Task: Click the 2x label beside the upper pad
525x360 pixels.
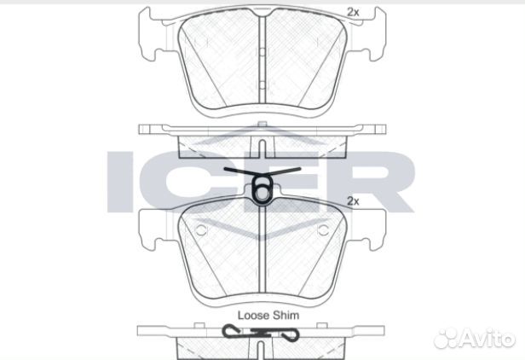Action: pos(352,12)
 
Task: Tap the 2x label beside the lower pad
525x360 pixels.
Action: pos(352,201)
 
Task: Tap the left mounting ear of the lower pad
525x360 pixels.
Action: pos(152,225)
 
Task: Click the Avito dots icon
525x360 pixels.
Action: pos(447,339)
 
